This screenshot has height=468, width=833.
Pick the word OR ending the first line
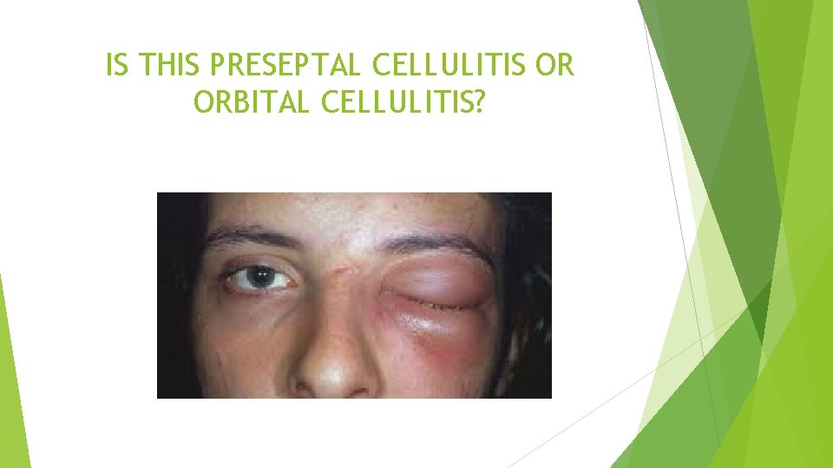(x=555, y=66)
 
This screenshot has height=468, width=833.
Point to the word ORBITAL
(x=254, y=102)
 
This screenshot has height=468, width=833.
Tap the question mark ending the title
(x=480, y=102)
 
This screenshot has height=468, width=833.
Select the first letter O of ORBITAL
(x=203, y=102)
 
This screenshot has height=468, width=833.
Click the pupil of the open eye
(x=259, y=277)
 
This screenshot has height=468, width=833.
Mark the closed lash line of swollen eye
(x=438, y=303)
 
